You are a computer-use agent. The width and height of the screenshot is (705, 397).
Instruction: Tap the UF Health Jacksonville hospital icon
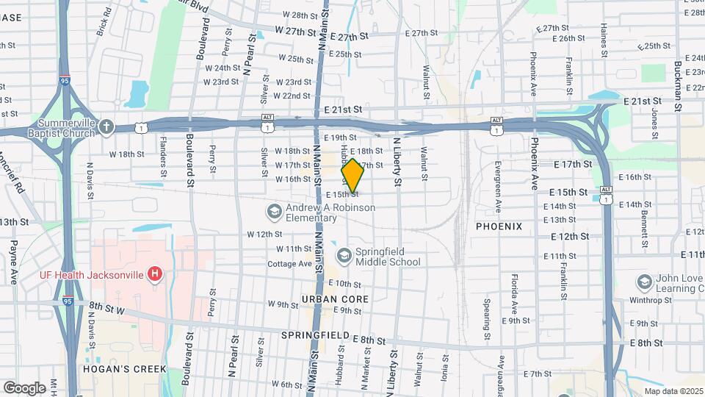point(155,275)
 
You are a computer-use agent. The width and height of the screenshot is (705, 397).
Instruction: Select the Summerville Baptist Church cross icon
point(106,126)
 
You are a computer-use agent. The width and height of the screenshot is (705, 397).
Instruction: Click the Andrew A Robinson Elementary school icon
point(274,212)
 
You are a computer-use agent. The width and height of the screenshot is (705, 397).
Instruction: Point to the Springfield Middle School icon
point(344,255)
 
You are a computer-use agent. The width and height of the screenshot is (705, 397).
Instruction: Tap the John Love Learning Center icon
point(644,282)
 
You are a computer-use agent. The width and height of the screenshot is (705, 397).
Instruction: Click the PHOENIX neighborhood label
point(499,226)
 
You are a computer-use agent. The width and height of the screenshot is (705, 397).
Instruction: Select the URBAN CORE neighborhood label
point(334,300)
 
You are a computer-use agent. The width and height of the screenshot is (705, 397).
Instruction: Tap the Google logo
point(24,387)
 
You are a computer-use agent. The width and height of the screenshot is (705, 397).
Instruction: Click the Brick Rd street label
point(104,22)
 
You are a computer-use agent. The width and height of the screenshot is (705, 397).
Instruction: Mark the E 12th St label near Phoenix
point(570,237)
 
